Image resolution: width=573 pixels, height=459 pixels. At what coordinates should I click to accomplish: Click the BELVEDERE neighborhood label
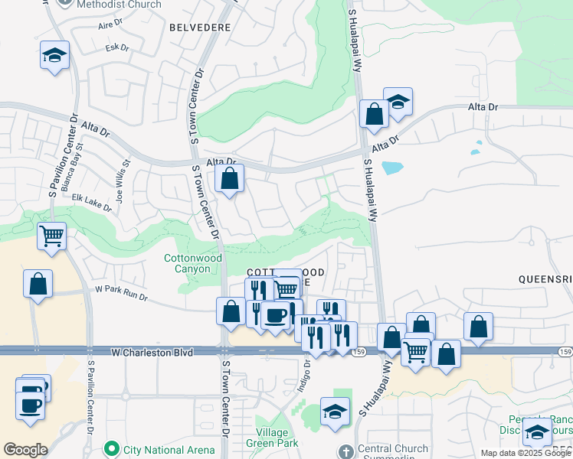pos(199,27)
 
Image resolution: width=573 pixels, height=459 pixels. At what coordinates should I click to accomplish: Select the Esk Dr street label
pos(117,48)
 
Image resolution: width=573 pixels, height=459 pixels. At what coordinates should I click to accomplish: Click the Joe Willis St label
pos(123,180)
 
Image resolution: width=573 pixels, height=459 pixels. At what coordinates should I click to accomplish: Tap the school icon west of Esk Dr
pos(54,56)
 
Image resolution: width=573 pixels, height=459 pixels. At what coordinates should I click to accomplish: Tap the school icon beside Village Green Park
pos(335,412)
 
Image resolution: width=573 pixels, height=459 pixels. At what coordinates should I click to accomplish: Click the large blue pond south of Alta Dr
pos(391,167)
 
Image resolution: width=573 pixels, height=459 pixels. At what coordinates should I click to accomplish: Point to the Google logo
pos(25,450)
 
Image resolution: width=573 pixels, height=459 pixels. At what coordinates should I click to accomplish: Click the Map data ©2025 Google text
pos(526,453)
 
